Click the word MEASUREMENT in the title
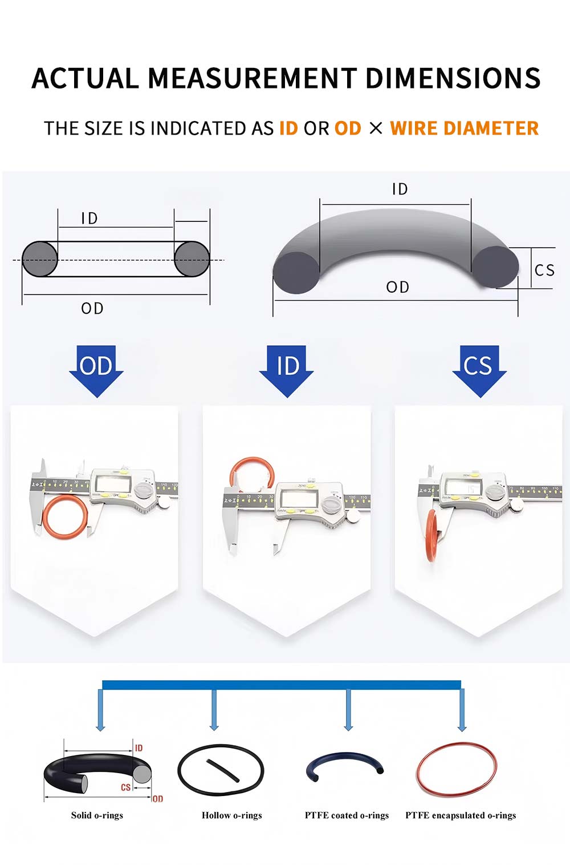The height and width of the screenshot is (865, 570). (252, 79)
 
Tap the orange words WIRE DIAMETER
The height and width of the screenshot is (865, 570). (464, 128)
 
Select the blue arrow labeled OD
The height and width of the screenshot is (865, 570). (96, 370)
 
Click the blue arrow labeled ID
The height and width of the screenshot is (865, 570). (287, 370)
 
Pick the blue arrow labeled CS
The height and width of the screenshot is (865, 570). (479, 370)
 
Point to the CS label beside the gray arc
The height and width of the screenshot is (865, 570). (544, 270)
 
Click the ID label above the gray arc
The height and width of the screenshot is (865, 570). (400, 189)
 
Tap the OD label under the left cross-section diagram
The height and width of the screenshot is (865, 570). (92, 309)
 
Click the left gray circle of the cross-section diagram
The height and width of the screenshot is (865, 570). (40, 260)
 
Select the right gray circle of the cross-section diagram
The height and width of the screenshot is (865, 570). (192, 260)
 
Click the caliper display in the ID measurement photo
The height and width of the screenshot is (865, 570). (299, 499)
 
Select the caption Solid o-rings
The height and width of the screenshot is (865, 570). (97, 815)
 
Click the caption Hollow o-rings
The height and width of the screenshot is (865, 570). (231, 815)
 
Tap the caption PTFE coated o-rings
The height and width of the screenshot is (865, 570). (347, 815)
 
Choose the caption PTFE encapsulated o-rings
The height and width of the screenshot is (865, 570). (461, 815)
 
